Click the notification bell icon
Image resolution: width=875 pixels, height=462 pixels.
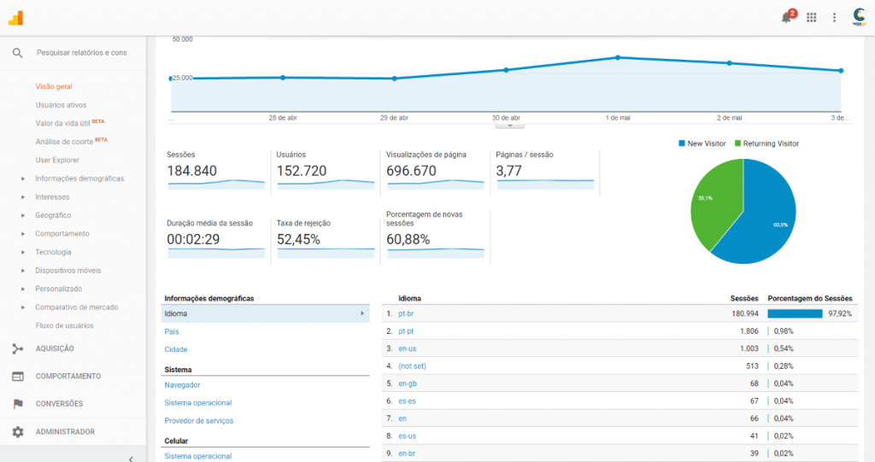(786, 17)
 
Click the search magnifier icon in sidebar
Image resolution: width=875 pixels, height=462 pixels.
(17, 53)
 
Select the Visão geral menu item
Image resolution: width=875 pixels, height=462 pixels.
(53, 86)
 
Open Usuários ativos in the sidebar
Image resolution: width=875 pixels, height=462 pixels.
(61, 105)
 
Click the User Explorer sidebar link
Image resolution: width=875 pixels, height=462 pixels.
(57, 160)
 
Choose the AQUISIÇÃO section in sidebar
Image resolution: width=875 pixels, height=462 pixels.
(55, 348)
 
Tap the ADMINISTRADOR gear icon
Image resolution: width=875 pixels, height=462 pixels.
(17, 432)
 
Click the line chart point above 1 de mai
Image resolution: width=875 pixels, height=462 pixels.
(617, 57)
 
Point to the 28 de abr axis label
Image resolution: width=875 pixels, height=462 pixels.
(283, 118)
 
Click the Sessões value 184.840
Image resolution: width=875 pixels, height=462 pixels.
(191, 171)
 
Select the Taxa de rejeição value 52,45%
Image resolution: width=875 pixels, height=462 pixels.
(298, 239)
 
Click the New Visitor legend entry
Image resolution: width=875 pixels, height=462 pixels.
(702, 143)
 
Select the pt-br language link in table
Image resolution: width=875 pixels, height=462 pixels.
(406, 313)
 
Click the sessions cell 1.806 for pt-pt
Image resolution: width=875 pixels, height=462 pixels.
(748, 331)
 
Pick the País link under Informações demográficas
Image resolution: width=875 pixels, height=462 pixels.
(172, 331)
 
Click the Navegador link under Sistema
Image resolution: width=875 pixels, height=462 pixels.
(182, 384)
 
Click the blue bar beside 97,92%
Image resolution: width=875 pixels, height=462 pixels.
(795, 313)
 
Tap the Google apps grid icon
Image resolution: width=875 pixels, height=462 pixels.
(811, 17)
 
